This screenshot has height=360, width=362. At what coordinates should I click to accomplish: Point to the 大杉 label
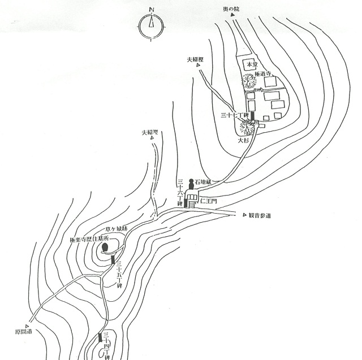[243, 140]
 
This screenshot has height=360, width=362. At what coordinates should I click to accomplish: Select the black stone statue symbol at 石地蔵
[191, 183]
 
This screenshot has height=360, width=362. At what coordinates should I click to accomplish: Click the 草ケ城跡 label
[116, 230]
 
